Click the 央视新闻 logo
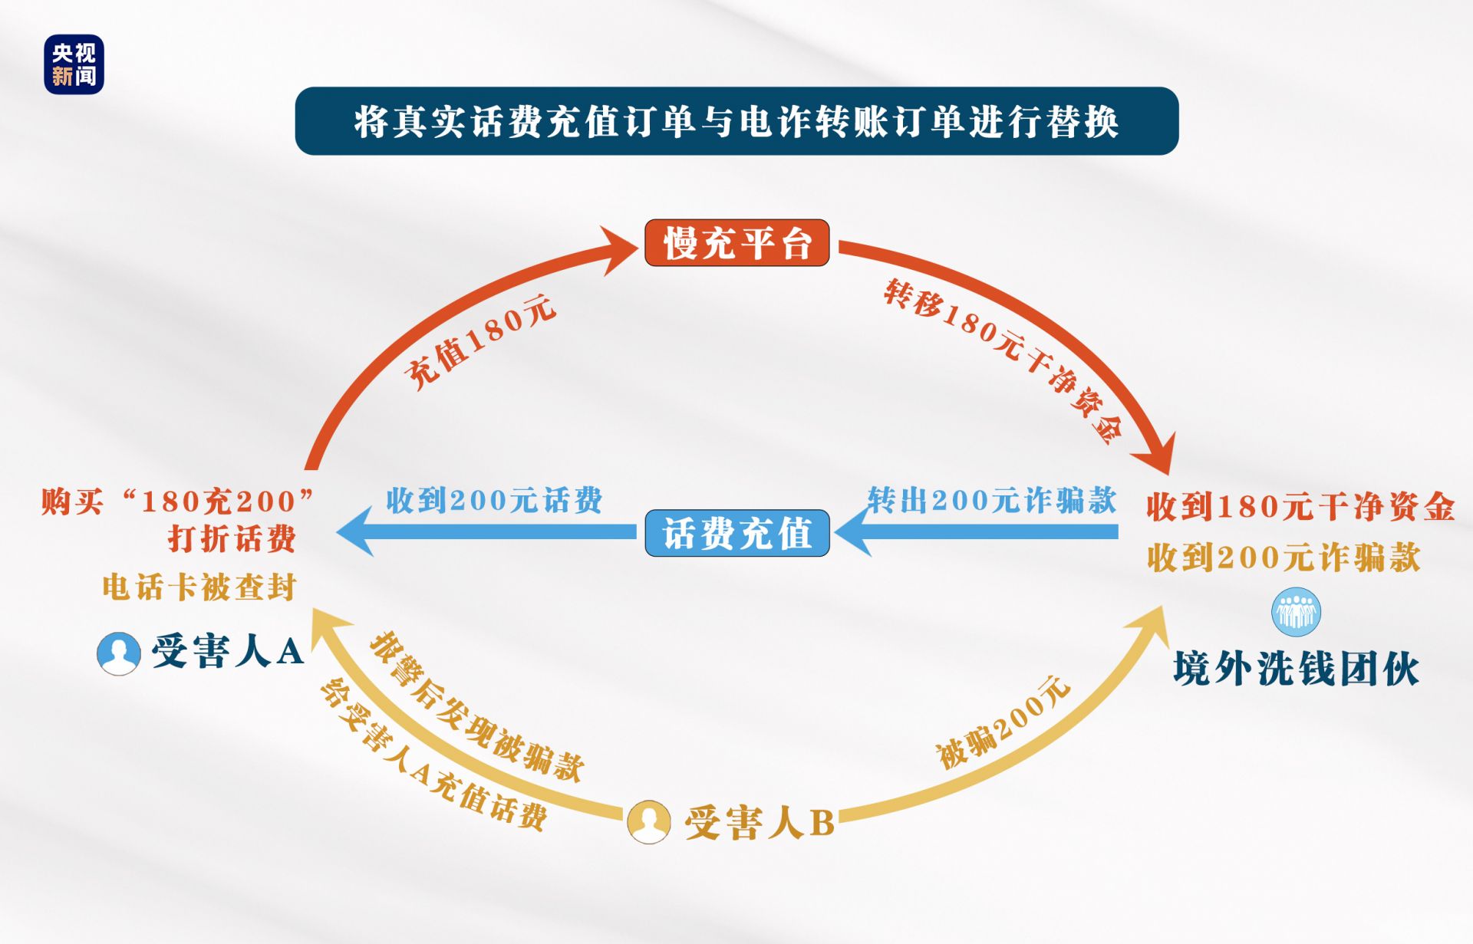tap(74, 64)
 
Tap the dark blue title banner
tap(736, 121)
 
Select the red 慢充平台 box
tap(736, 243)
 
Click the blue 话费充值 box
tap(736, 533)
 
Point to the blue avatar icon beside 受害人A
tap(119, 653)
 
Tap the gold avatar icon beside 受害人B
tap(649, 822)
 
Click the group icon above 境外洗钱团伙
tap(1296, 612)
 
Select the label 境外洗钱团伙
tap(1296, 669)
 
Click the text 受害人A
tap(228, 652)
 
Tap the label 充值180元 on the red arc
tap(480, 342)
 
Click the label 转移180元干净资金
tap(1003, 360)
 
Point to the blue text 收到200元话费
tap(494, 500)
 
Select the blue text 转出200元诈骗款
tap(992, 500)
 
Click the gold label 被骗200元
tap(1003, 722)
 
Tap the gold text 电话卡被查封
tap(199, 587)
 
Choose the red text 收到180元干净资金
tap(1300, 507)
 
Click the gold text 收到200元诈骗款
tap(1284, 558)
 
